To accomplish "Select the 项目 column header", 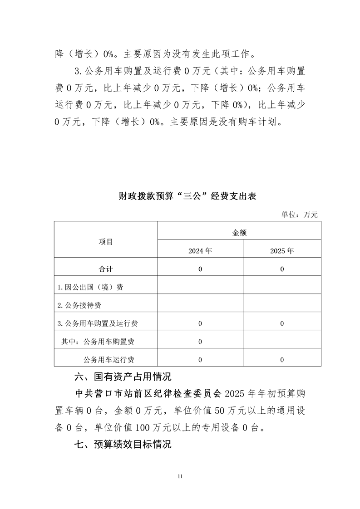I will tap(106, 242).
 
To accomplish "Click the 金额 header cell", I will tap(239, 233).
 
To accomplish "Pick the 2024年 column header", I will tap(200, 250).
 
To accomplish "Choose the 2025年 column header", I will tap(282, 250).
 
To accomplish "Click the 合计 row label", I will tap(106, 269).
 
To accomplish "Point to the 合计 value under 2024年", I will tap(200, 269).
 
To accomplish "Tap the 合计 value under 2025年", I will tap(282, 269).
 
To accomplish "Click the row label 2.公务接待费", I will tap(82, 305).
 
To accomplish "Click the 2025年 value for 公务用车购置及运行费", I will tap(282, 323).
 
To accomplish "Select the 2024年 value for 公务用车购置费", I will tap(200, 342).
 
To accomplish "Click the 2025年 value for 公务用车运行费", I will tap(282, 360).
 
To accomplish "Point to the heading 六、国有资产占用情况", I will tap(123, 377).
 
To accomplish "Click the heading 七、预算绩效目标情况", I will tap(123, 444).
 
